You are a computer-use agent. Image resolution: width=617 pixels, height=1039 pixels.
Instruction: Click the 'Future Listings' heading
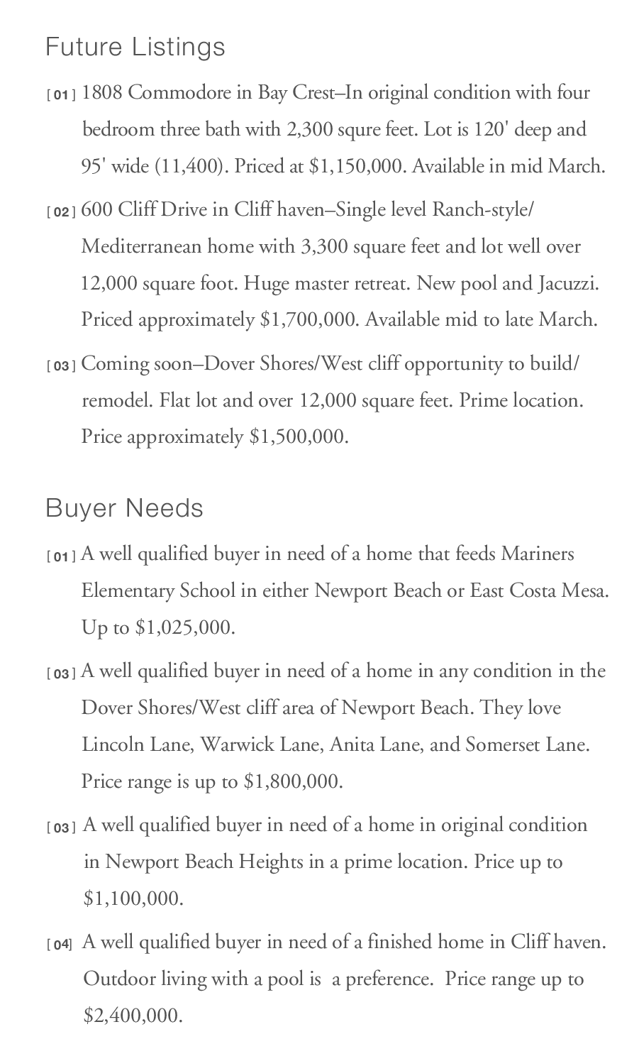135,48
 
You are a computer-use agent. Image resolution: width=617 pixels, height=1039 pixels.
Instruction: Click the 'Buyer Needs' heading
124,508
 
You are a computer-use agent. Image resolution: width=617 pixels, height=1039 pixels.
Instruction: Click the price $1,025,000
184,628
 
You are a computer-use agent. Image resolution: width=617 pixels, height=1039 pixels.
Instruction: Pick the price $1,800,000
291,782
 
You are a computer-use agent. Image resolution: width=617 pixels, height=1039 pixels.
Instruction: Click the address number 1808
102,93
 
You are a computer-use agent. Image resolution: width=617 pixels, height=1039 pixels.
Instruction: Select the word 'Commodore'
170,93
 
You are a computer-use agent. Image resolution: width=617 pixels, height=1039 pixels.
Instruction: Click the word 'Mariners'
538,554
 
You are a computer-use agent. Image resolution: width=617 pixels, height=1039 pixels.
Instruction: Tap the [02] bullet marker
61,212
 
